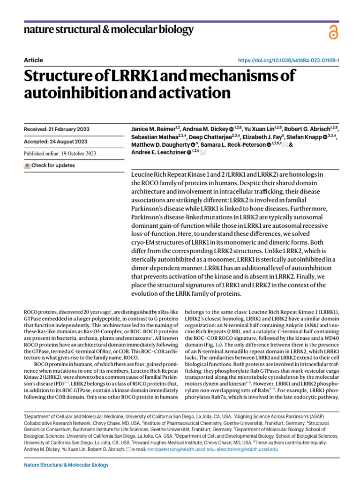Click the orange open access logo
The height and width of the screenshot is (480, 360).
click(333, 32)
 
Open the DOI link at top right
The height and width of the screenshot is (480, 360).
click(289, 60)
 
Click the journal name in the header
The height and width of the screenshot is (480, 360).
click(108, 30)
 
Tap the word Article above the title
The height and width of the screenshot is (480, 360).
click(33, 60)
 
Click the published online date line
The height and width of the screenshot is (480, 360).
click(60, 153)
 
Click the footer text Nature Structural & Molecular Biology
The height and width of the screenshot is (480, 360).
click(66, 465)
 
